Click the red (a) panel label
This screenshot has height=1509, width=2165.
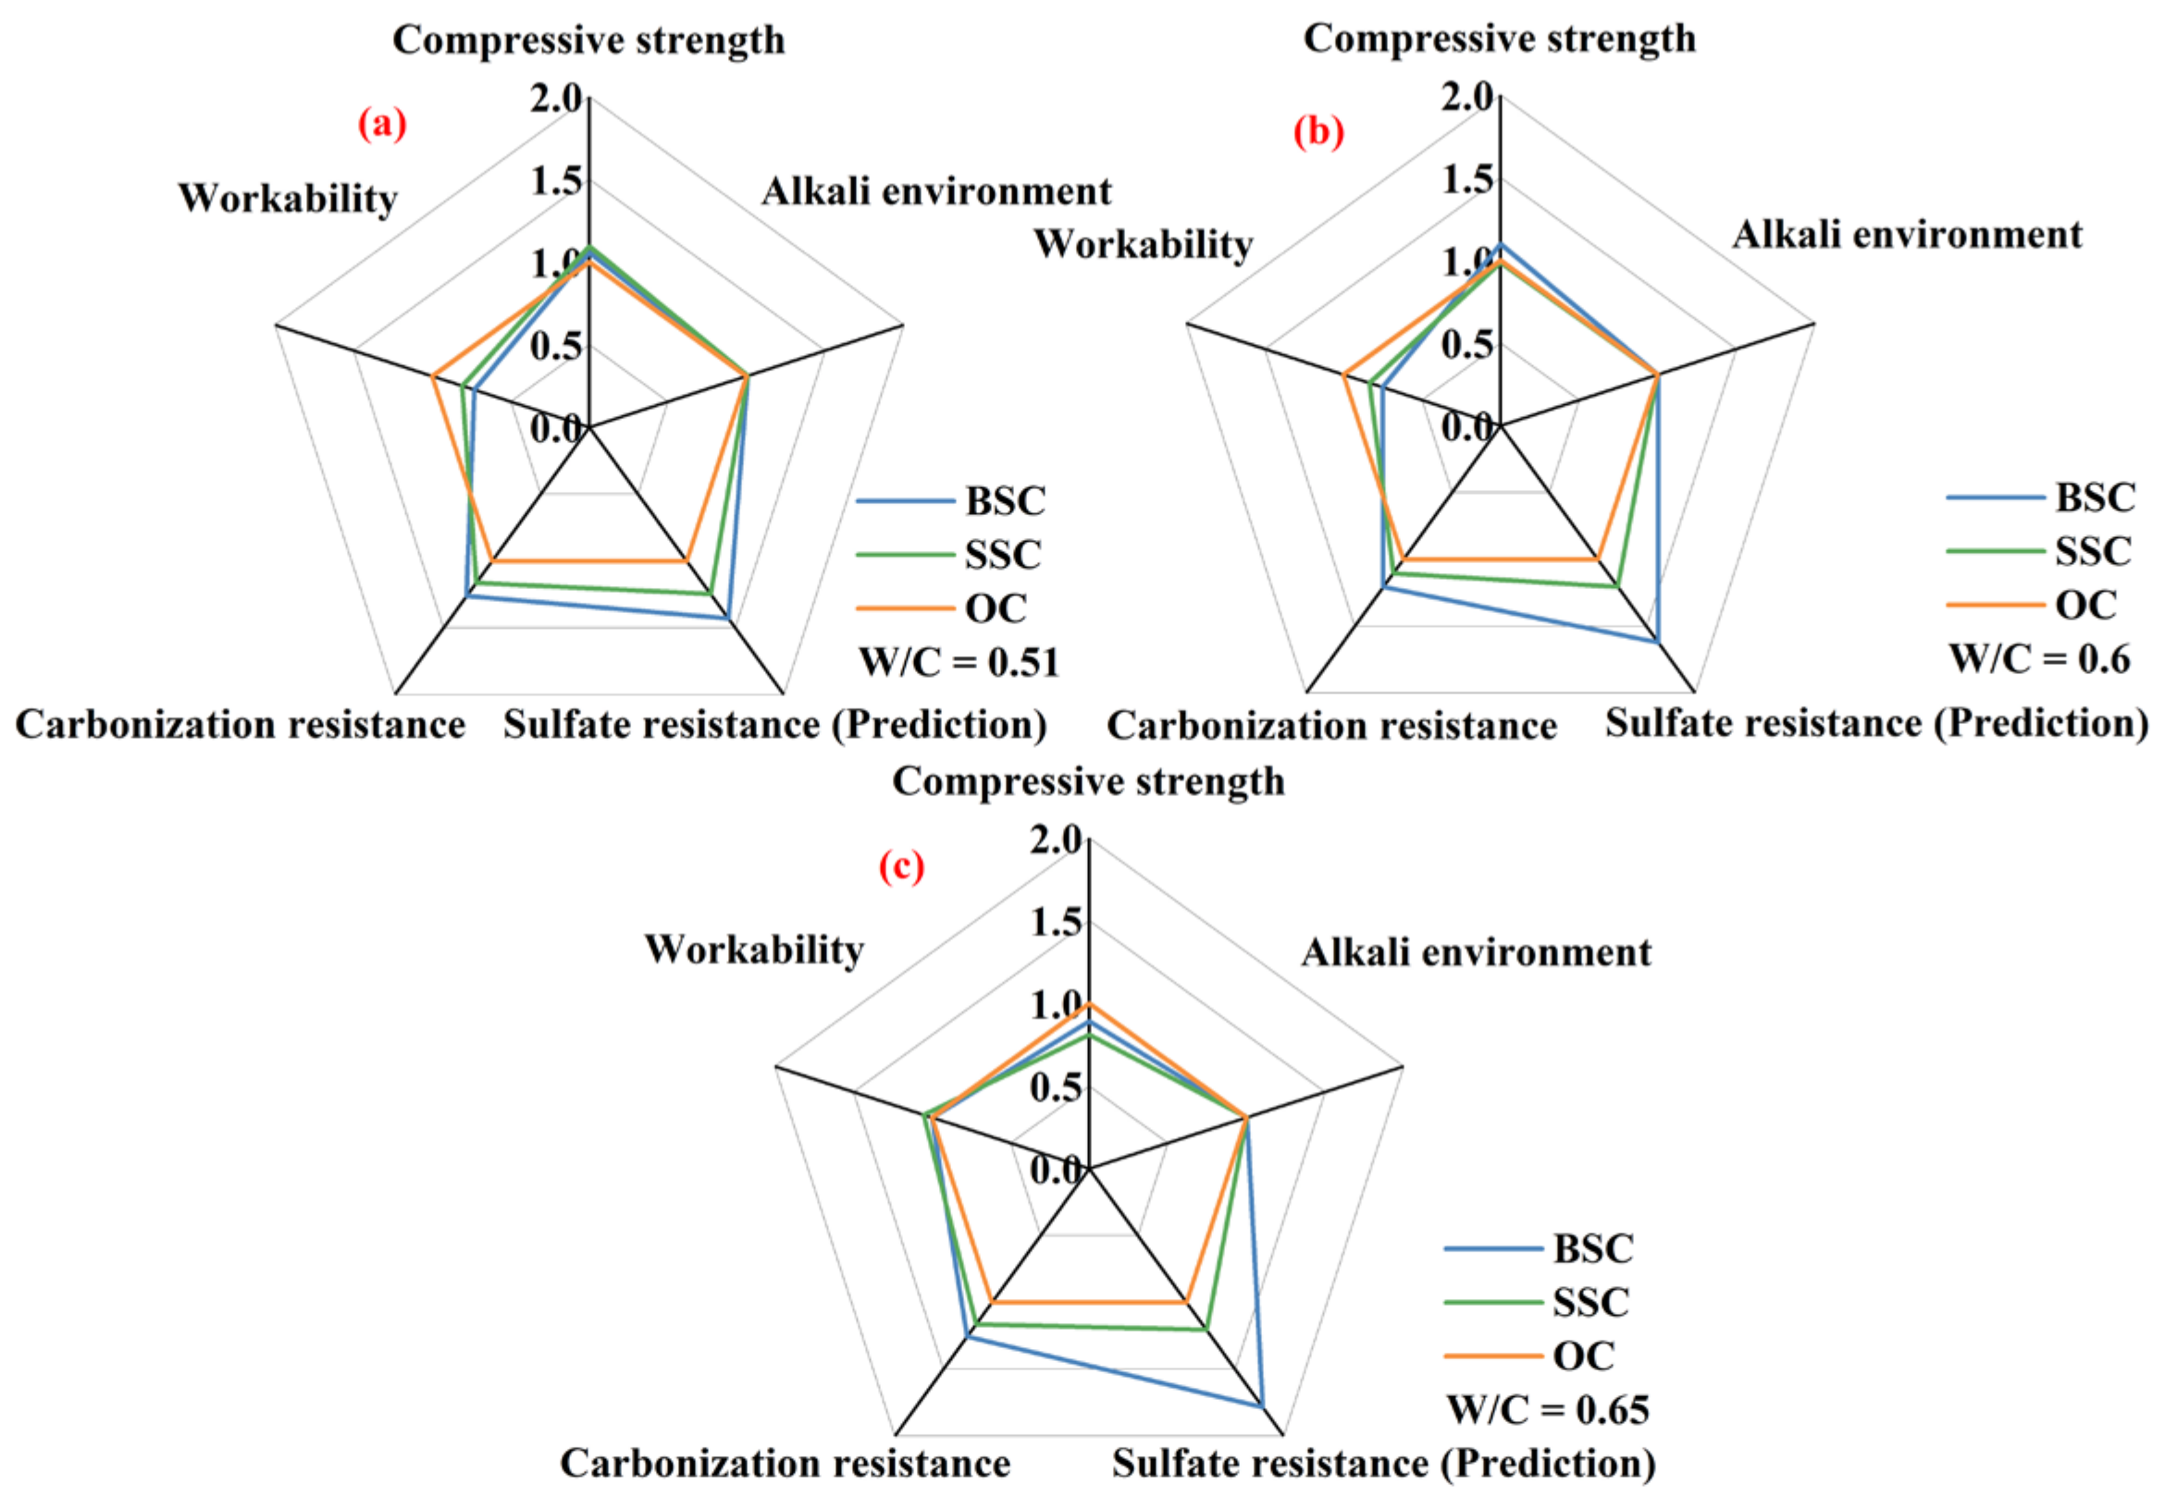point(382,124)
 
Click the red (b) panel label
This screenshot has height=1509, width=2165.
point(1318,131)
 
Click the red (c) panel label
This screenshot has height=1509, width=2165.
point(901,865)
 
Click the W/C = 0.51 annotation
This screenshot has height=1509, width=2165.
point(959,663)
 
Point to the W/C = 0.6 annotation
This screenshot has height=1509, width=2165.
point(2039,659)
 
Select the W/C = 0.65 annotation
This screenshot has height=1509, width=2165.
point(1548,1410)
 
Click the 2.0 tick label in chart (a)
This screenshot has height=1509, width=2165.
point(556,97)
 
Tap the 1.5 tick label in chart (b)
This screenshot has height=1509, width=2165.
point(1467,179)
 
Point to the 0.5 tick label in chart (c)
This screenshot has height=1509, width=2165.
point(1056,1086)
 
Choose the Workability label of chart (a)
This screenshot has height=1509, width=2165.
point(288,199)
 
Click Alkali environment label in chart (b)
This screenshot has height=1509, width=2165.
point(1907,235)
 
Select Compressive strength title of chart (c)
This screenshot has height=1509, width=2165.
point(1088,781)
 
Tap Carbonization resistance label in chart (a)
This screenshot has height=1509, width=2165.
point(241,725)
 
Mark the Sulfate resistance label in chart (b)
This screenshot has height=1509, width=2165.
point(1876,724)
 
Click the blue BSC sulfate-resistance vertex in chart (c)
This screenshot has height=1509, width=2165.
point(1261,1405)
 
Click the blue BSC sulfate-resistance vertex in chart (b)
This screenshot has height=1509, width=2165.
point(1657,642)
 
